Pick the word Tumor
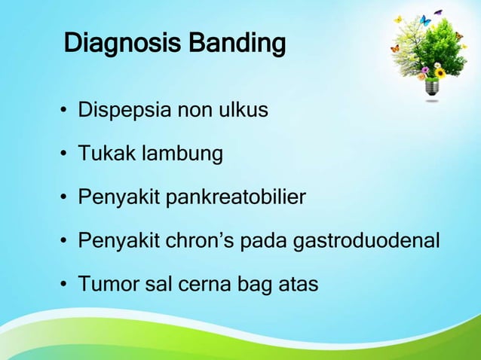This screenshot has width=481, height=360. [x=105, y=285]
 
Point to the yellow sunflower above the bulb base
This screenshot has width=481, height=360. [x=440, y=72]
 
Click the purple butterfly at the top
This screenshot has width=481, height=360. [x=438, y=12]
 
